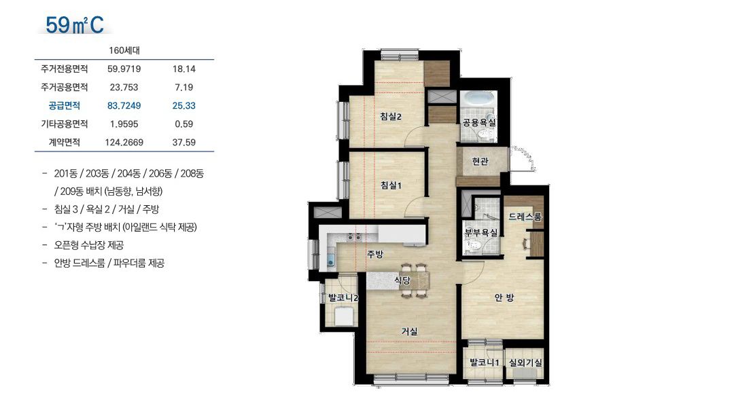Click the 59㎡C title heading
click(x=75, y=24)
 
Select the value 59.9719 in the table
click(x=124, y=69)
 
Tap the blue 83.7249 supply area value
click(x=124, y=106)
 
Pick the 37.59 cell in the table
click(x=184, y=143)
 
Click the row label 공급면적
click(x=65, y=106)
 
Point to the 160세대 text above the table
click(x=124, y=50)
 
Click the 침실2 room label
click(x=391, y=116)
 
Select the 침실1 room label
click(x=391, y=185)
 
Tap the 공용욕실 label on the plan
click(x=479, y=123)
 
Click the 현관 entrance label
click(x=480, y=161)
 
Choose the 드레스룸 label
click(x=525, y=217)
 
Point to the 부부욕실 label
click(x=481, y=232)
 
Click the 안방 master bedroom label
click(x=504, y=298)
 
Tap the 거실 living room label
click(x=409, y=331)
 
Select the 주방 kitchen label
click(x=375, y=254)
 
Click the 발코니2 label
click(x=343, y=298)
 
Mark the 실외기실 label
click(x=525, y=363)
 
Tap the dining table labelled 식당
click(x=414, y=281)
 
